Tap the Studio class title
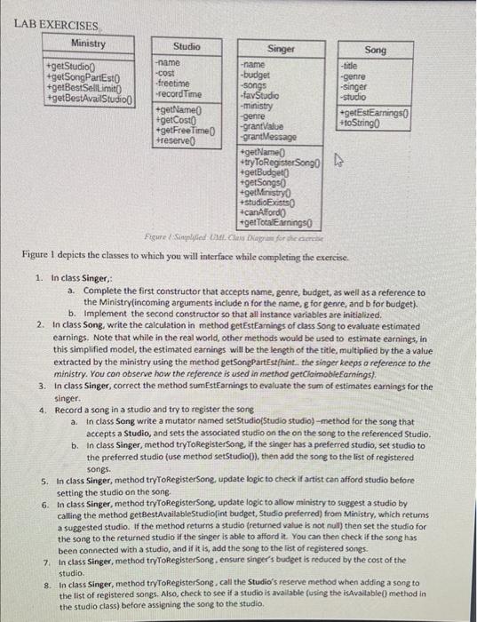click(x=187, y=46)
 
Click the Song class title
click(x=376, y=51)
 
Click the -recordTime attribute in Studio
click(x=178, y=93)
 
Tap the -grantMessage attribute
click(x=270, y=137)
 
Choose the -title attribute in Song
click(x=351, y=67)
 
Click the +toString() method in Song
click(x=362, y=123)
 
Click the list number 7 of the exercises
click(x=44, y=562)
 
